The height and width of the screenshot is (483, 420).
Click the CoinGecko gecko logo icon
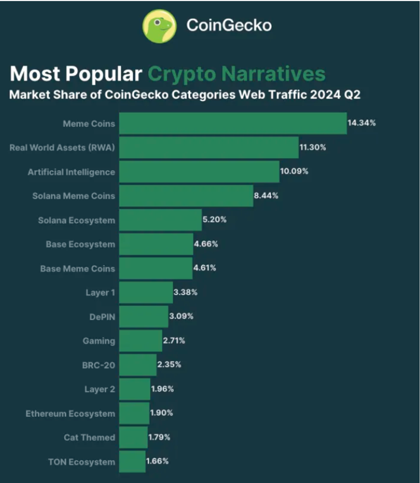160,26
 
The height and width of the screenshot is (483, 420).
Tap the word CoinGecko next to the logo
229,25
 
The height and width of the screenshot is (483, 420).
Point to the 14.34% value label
362,123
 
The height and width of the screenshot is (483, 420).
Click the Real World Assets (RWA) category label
62,148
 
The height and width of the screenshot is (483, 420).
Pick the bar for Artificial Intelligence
199,172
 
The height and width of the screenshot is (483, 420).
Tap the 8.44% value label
266,196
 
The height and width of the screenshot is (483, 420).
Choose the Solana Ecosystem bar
161,220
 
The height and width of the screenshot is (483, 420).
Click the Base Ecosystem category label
80,244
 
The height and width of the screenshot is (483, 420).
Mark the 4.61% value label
205,268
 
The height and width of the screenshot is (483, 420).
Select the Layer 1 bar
146,293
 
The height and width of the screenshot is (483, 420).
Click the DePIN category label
103,316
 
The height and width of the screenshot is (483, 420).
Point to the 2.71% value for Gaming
174,341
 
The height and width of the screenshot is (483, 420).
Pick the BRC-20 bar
138,365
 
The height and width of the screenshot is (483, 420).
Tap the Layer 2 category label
99,389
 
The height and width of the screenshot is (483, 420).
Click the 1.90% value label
162,413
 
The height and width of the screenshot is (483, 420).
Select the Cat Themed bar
133,437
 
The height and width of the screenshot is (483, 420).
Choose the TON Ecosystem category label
81,462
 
